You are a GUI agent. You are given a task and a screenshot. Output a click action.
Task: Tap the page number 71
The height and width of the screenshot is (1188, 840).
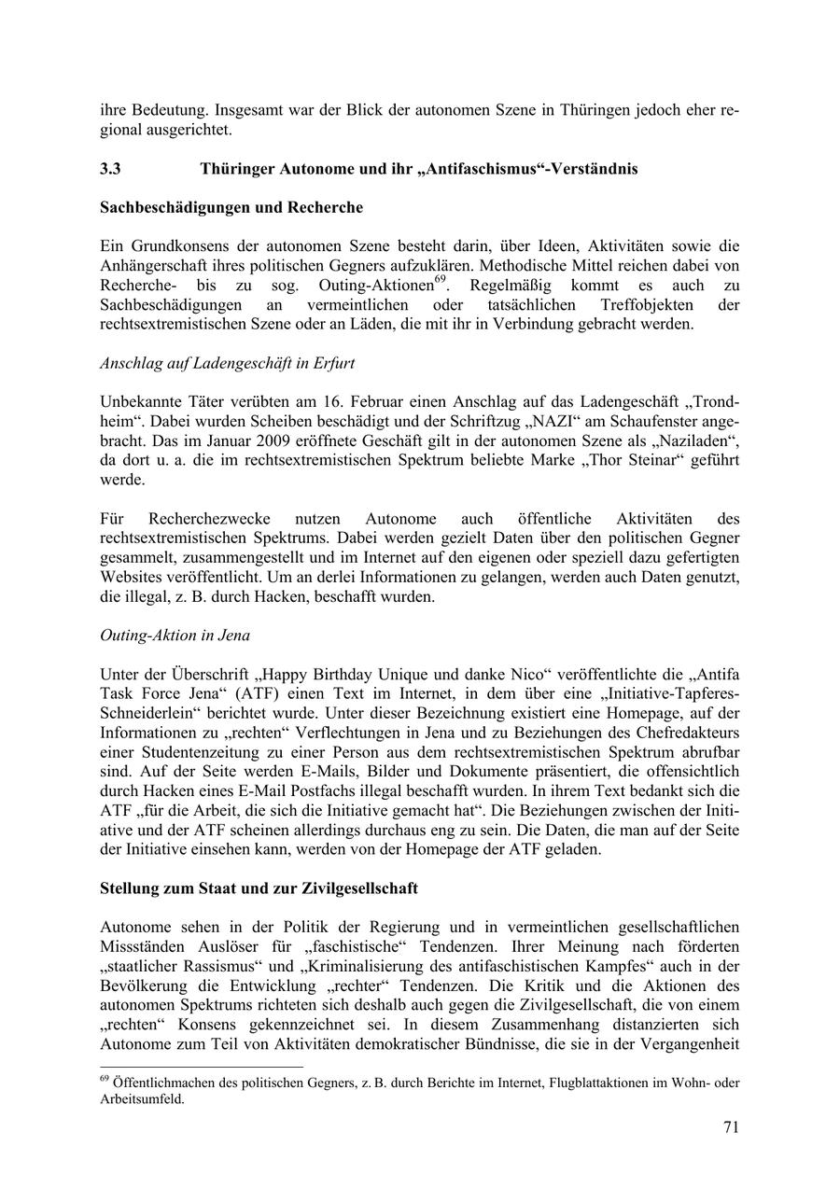click(x=731, y=1126)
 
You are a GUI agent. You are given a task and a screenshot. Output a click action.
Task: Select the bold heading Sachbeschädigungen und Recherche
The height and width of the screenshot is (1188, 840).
click(x=231, y=206)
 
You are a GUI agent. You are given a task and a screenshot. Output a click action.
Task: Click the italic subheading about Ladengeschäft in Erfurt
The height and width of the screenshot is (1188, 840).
click(x=227, y=363)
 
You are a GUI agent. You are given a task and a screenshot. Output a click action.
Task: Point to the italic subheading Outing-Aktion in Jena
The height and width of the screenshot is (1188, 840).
click(x=175, y=636)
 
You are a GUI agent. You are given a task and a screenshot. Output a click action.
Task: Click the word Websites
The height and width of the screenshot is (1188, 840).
click(x=131, y=577)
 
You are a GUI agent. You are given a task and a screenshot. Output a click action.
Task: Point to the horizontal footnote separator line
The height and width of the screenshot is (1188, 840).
click(x=202, y=1067)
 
